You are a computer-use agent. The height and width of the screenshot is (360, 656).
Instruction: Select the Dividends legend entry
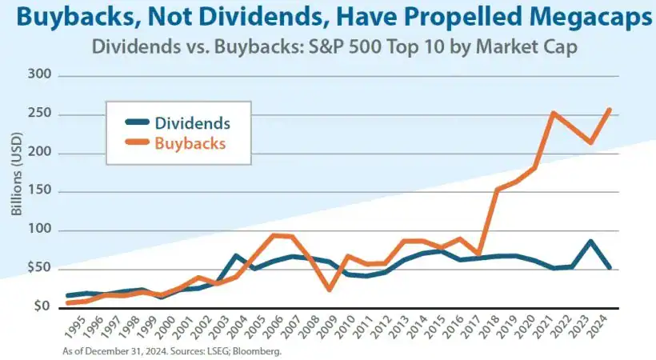click(x=192, y=123)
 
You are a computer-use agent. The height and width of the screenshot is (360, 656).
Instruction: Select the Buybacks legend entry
click(x=190, y=143)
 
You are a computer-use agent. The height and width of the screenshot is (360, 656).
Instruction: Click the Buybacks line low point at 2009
click(x=329, y=289)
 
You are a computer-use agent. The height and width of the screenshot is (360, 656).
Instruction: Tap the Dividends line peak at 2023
click(x=590, y=241)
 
